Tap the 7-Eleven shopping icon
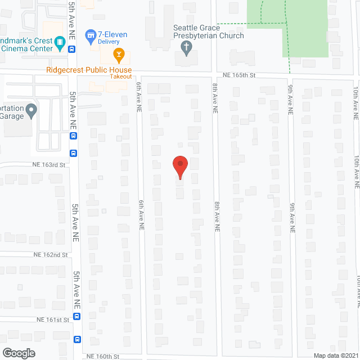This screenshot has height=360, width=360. pyautogui.click(x=89, y=37)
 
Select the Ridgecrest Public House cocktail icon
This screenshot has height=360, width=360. pyautogui.click(x=119, y=55)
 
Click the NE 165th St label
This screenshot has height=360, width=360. pyautogui.click(x=238, y=75)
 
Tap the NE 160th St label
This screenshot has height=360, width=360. pyautogui.click(x=103, y=356)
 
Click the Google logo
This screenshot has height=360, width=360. pyautogui.click(x=18, y=353)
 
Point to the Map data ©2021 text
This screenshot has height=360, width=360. pyautogui.click(x=335, y=355)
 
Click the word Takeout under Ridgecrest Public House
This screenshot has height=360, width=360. pyautogui.click(x=121, y=76)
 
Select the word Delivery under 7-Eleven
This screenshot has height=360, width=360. pyautogui.click(x=112, y=42)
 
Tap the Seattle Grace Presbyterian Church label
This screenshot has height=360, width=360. pyautogui.click(x=208, y=31)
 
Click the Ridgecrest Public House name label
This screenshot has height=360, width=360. pyautogui.click(x=89, y=70)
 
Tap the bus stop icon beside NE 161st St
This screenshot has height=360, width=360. pyautogui.click(x=77, y=316)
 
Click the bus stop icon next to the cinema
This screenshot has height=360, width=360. pyautogui.click(x=73, y=49)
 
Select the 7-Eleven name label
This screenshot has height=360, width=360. pyautogui.click(x=112, y=34)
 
